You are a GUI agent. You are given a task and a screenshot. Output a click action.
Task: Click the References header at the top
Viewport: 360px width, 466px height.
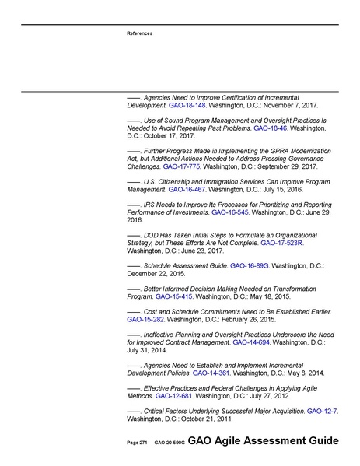point(139,33)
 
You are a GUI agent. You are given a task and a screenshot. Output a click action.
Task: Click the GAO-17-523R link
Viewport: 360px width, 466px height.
point(282,243)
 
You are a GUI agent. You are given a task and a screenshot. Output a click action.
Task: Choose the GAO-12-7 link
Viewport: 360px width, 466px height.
point(322,410)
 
